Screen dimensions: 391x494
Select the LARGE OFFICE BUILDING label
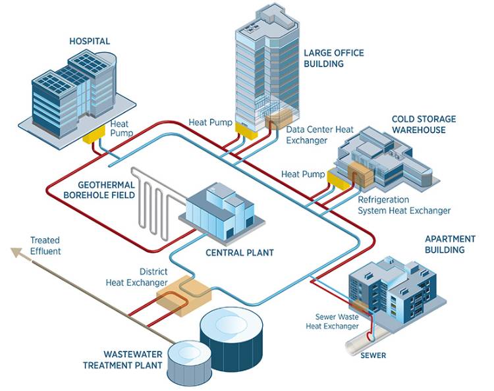333,58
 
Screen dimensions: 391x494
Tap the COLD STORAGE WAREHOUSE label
424,124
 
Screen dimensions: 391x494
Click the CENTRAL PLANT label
239,252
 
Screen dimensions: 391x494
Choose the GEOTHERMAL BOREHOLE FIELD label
106,190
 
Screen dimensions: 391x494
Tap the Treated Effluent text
45,246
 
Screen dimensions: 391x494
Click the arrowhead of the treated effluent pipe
14,251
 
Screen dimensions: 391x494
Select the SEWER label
373,355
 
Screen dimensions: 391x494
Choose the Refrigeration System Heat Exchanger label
404,205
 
